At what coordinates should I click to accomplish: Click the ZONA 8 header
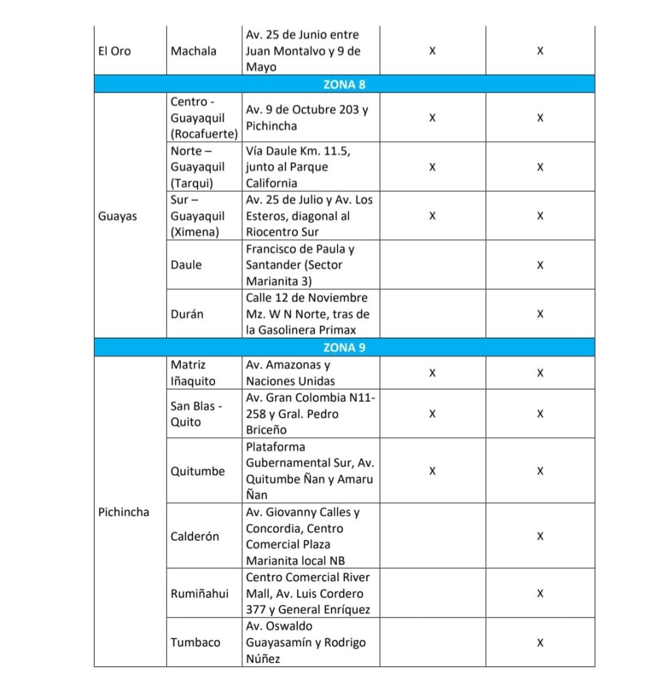[344, 84]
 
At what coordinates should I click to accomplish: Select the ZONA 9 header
[344, 347]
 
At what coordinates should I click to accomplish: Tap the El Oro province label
[115, 51]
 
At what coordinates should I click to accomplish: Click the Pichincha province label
[123, 512]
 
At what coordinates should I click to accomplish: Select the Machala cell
[194, 51]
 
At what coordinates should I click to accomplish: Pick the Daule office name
[186, 265]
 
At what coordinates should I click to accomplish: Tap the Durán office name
[186, 314]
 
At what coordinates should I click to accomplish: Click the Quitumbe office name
[197, 471]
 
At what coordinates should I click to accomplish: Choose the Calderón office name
[195, 536]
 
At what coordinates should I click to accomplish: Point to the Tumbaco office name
[195, 642]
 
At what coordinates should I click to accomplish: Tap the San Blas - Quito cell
[197, 414]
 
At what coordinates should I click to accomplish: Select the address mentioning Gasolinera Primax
[308, 314]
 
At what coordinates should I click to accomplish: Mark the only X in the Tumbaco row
[540, 642]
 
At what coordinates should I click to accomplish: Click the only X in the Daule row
[540, 265]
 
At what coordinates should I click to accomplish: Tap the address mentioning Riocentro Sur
[309, 216]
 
